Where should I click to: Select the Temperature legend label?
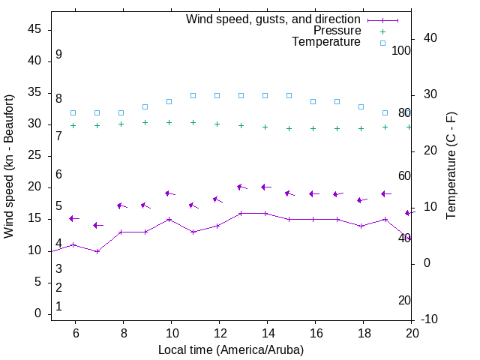click(x=326, y=42)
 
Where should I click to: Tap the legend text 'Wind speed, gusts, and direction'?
click(x=274, y=19)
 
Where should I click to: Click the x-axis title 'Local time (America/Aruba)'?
click(x=231, y=349)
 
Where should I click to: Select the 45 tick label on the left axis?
click(x=34, y=29)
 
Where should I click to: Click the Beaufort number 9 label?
click(x=58, y=55)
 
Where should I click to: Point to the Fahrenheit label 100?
click(x=401, y=50)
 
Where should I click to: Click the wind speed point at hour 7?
click(x=97, y=251)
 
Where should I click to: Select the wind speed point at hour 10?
click(x=169, y=220)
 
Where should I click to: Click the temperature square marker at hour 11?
click(x=193, y=96)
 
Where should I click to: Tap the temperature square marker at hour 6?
click(x=73, y=113)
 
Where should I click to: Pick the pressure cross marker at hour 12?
click(x=217, y=124)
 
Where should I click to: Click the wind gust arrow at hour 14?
click(x=265, y=187)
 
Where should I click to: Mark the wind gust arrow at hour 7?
click(x=97, y=225)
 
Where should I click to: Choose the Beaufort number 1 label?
click(x=58, y=307)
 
